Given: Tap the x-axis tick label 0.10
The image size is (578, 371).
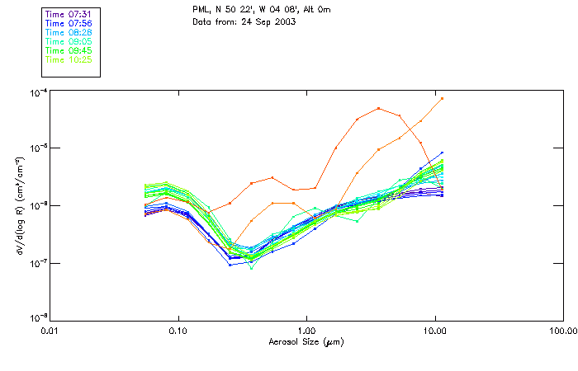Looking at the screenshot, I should (x=178, y=331).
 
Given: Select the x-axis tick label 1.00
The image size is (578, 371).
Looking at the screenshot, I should (x=306, y=331).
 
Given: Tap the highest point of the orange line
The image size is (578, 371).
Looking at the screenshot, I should (x=443, y=98).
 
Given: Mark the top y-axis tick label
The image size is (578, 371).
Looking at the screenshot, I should (x=36, y=92).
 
